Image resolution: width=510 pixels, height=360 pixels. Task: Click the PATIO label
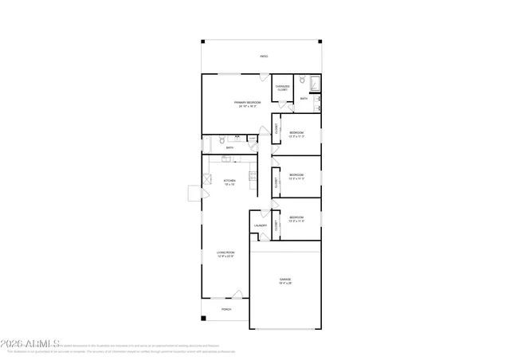tap(264, 57)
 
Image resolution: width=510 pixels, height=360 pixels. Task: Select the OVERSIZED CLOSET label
tap(282, 88)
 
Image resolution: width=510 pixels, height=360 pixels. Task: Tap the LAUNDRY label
tap(260, 226)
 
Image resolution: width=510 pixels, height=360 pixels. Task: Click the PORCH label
tap(226, 309)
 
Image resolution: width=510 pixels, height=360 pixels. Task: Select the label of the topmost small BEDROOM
tap(296, 133)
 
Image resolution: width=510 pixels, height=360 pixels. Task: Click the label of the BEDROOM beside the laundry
tap(296, 219)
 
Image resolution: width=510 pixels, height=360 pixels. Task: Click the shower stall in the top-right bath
tap(314, 82)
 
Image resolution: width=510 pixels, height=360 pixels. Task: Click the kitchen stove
tap(253, 177)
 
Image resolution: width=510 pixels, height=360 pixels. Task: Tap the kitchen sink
tap(226, 159)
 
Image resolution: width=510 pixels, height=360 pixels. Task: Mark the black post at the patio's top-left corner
tap(203, 41)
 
